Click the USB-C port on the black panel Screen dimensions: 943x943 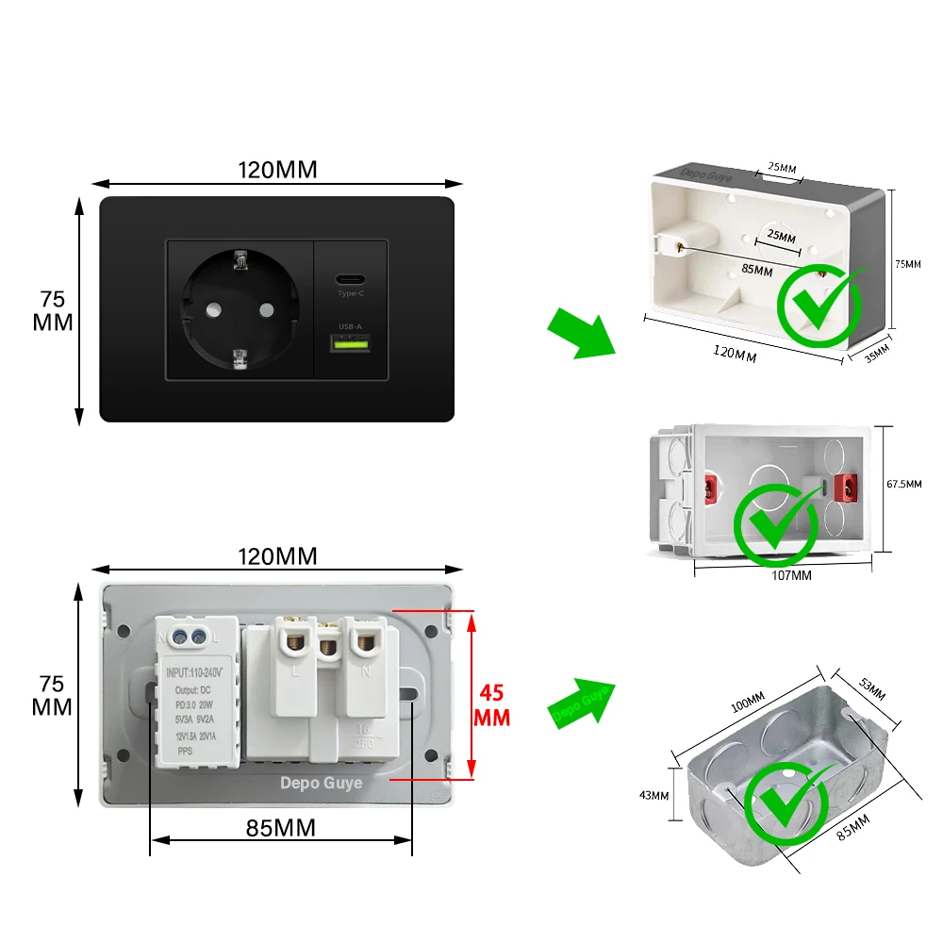[x=350, y=280]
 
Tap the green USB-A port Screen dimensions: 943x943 [x=350, y=345]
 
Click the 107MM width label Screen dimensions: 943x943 [x=790, y=574]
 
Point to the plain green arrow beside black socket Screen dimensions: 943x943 [x=581, y=332]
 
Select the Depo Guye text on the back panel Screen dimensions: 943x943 [x=321, y=783]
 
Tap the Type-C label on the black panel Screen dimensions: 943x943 [x=350, y=294]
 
